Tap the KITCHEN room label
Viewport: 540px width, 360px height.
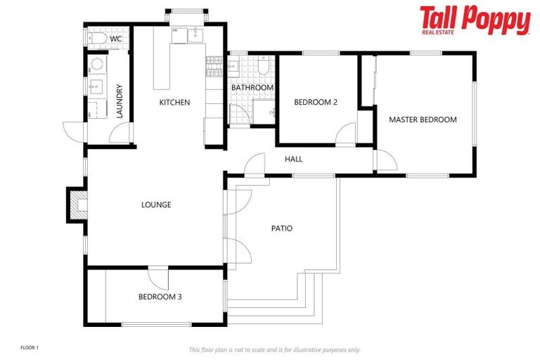click(174, 103)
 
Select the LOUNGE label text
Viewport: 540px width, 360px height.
click(156, 205)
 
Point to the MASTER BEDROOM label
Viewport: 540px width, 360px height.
click(423, 120)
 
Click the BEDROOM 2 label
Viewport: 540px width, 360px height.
click(316, 103)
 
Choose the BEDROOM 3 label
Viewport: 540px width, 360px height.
click(160, 297)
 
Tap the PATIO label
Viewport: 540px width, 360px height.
click(282, 229)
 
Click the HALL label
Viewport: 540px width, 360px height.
click(294, 160)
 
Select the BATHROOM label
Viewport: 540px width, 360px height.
click(252, 88)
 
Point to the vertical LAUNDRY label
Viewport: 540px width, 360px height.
click(120, 101)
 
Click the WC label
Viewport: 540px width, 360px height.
click(116, 39)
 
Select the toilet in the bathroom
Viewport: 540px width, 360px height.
click(262, 67)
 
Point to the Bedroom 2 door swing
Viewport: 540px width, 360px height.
click(346, 134)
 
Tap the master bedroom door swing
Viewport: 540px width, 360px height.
click(385, 160)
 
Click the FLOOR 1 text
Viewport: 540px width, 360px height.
click(30, 348)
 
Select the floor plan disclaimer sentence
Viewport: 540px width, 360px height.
click(274, 349)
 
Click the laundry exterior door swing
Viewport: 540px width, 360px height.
click(73, 131)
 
